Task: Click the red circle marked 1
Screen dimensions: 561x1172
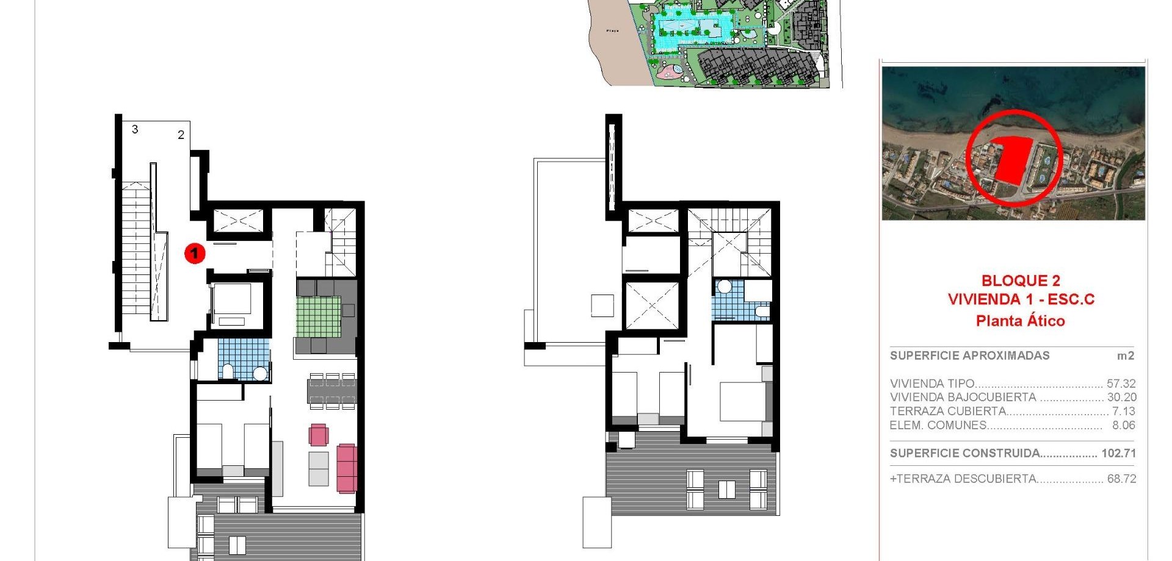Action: [195, 252]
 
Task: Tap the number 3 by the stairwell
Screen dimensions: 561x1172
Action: [135, 129]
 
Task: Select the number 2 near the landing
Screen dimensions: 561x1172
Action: [181, 135]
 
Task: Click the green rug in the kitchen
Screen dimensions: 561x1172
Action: [318, 316]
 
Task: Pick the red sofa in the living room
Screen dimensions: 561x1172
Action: [347, 468]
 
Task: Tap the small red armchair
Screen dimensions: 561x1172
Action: [318, 435]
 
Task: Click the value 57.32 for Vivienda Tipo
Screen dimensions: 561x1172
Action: [1121, 384]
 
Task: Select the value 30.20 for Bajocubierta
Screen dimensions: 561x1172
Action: [1121, 398]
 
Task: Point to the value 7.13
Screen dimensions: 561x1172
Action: [1123, 412]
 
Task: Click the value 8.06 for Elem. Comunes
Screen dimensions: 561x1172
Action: [1123, 426]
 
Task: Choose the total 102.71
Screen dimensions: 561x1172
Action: [1118, 453]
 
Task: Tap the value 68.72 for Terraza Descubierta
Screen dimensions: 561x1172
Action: [1121, 479]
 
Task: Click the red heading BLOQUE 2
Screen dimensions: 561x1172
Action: [1021, 281]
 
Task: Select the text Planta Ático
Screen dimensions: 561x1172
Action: [1020, 321]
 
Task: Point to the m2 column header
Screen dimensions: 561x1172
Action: [1125, 356]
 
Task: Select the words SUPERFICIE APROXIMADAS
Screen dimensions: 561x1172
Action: [969, 356]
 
